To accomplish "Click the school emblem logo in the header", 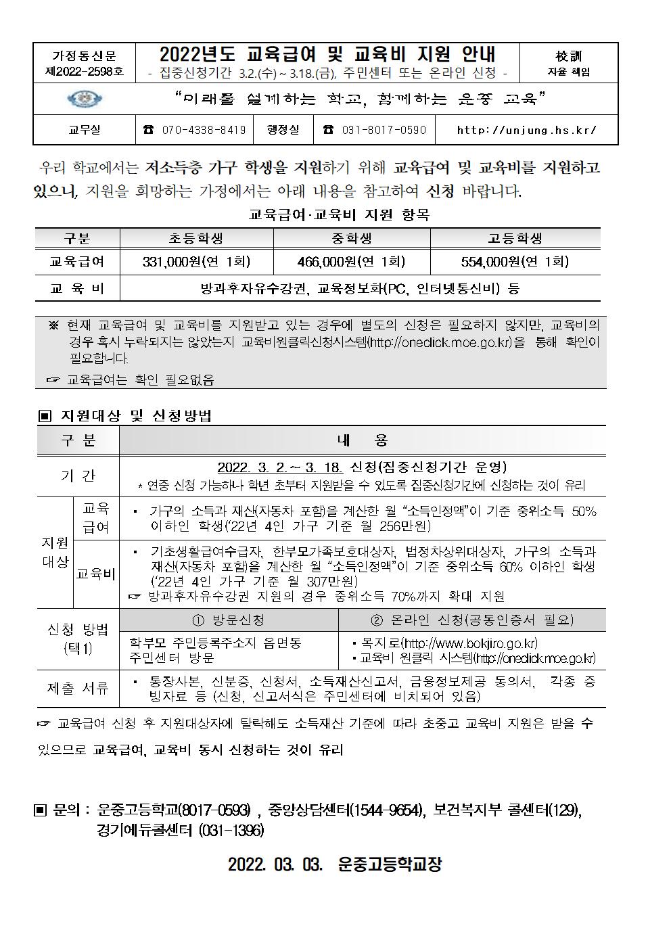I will (85, 99).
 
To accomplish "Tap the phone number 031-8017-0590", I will (375, 130).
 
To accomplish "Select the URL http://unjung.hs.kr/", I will (526, 130).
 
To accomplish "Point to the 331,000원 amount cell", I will (196, 262).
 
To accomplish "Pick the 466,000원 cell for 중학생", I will (351, 262).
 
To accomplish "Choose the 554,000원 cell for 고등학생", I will (515, 262).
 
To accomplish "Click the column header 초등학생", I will (196, 239).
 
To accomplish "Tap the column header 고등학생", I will (515, 239).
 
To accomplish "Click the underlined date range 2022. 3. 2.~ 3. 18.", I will (280, 468).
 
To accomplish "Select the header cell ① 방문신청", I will (229, 620).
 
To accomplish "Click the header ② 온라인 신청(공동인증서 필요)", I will (471, 620).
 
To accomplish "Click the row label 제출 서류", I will (78, 689).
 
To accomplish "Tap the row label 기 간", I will (78, 476).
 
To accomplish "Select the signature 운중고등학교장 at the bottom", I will (389, 864).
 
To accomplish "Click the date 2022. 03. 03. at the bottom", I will (273, 864).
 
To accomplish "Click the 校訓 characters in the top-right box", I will (568, 56).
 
